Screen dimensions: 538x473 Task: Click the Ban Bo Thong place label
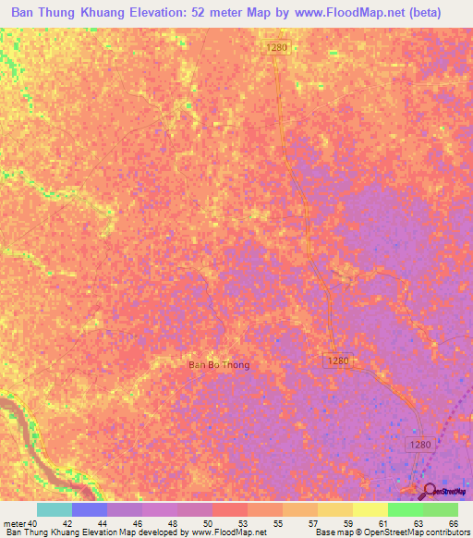(219, 365)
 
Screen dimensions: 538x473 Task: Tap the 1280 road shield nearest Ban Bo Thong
(338, 361)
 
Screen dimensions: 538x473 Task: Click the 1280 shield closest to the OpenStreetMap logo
(420, 446)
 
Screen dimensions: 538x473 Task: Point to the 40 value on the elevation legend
(32, 522)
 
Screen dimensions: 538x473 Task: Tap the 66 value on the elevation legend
(453, 522)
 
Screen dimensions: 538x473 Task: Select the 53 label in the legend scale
(243, 522)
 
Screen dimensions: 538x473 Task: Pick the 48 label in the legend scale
(173, 522)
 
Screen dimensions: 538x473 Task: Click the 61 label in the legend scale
(383, 522)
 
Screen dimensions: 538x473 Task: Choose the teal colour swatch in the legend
(55, 509)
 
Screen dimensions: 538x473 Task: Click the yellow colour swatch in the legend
(370, 509)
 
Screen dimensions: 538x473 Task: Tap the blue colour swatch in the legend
(90, 509)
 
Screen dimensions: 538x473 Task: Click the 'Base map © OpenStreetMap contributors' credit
(392, 532)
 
